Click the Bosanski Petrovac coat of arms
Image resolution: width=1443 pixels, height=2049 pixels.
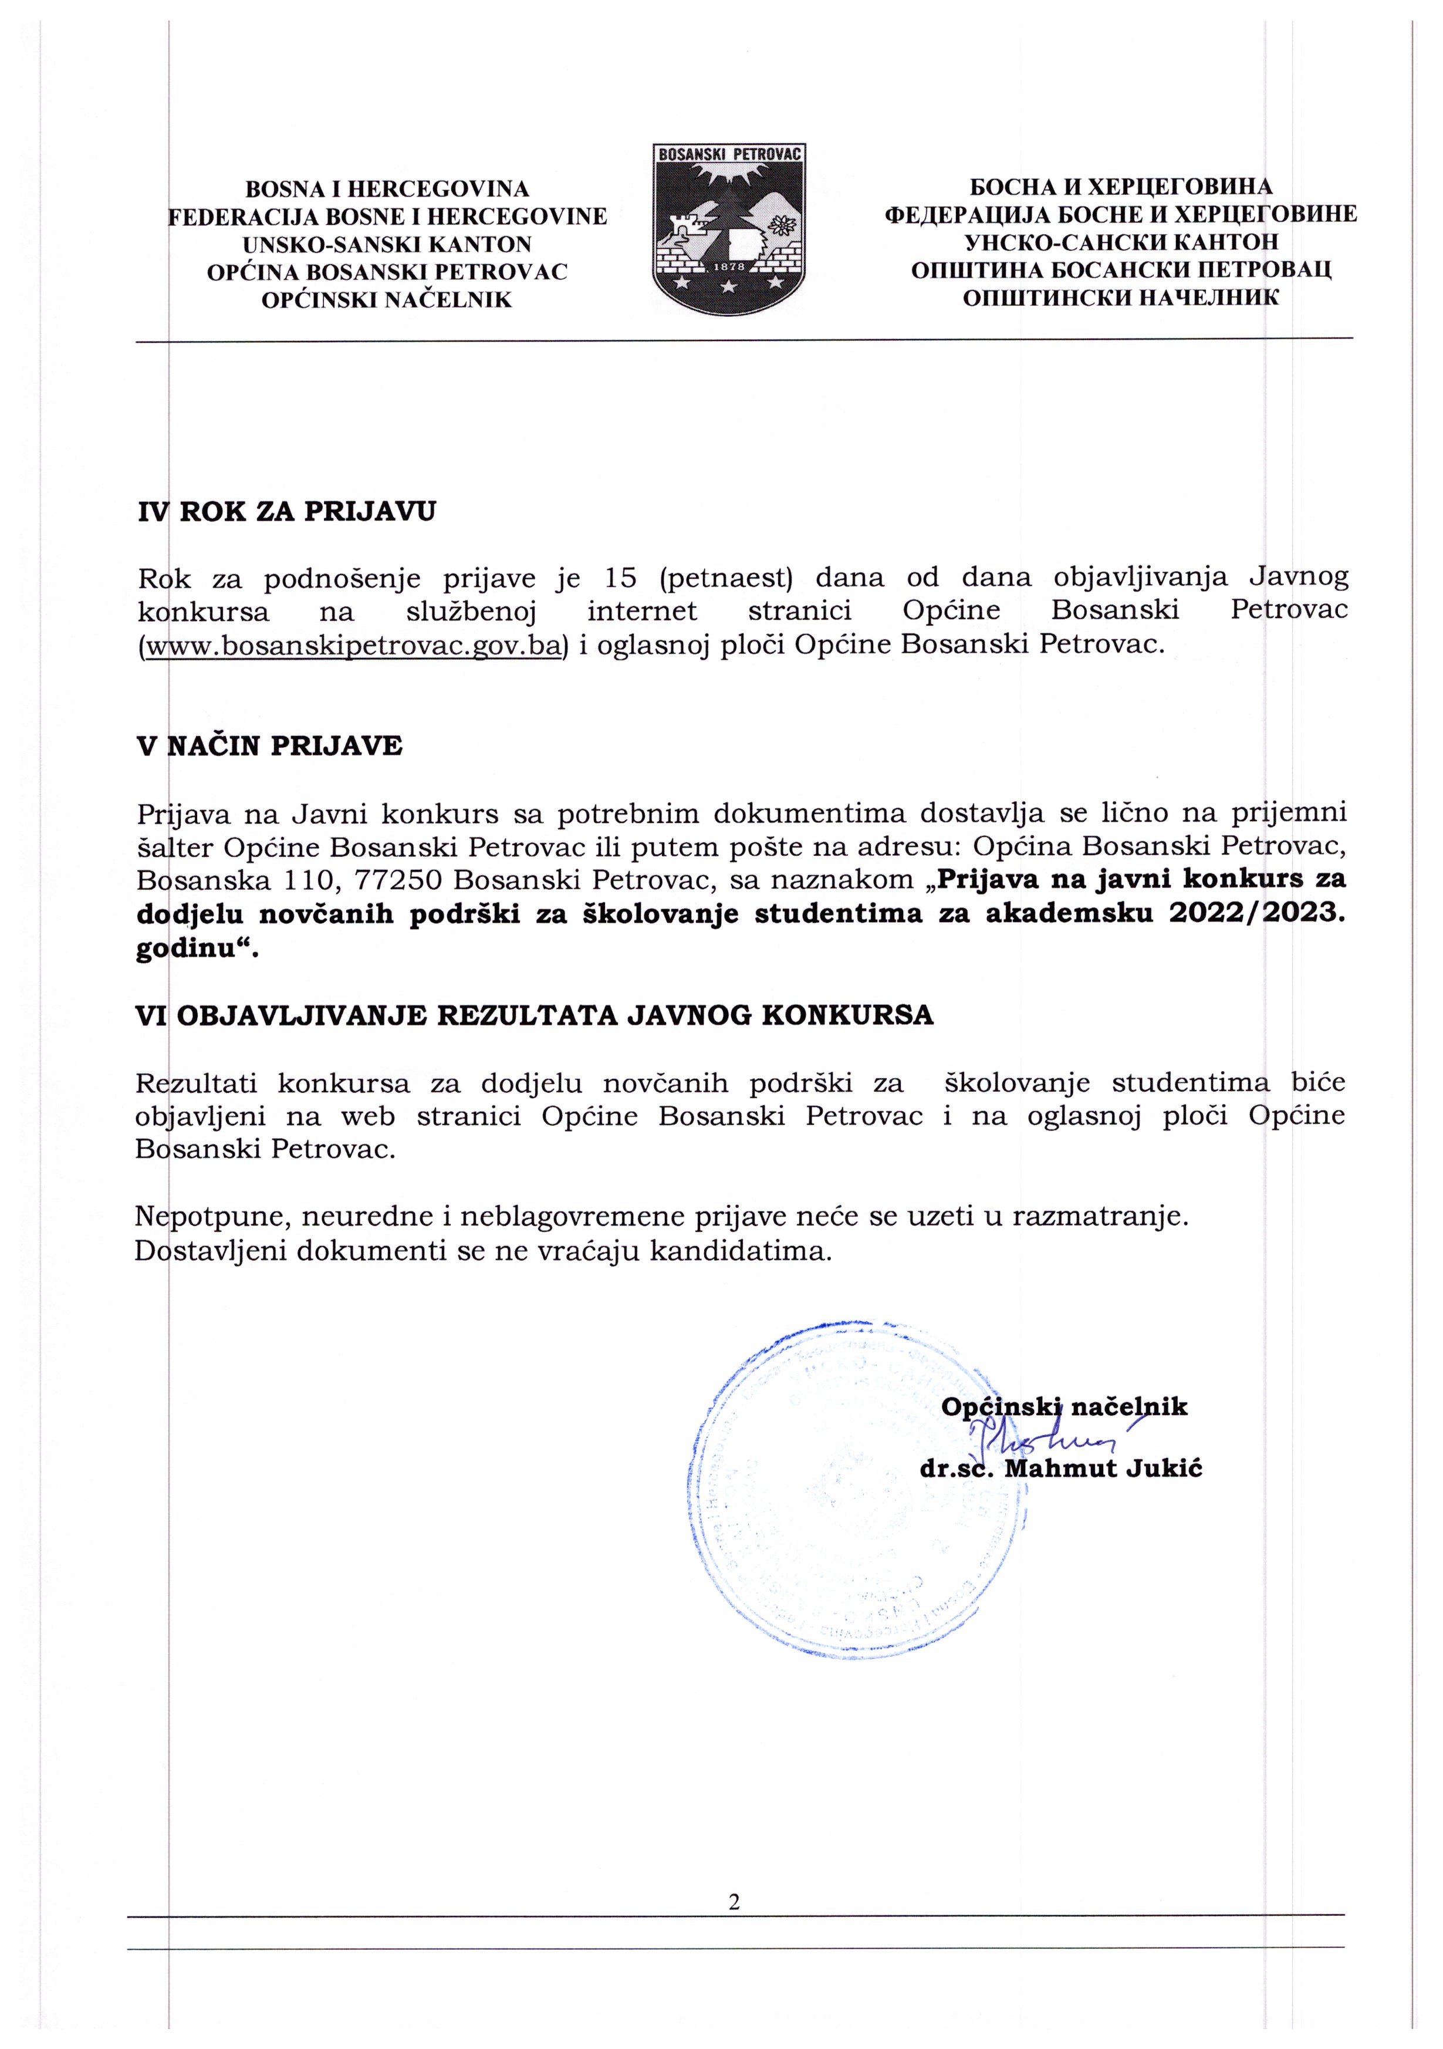[730, 229]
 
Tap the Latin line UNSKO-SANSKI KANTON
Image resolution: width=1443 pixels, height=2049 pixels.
[387, 245]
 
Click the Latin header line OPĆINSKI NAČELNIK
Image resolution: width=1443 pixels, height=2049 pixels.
[386, 300]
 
